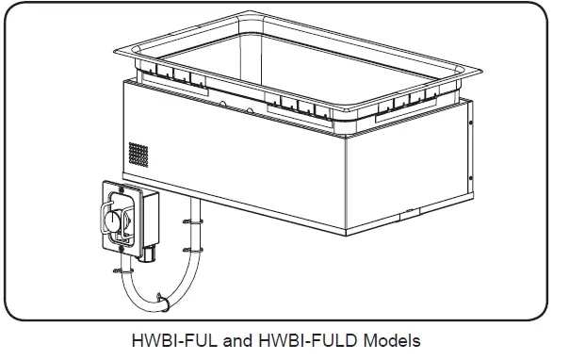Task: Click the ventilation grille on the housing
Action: (139, 156)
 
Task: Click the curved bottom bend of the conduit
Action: (155, 304)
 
